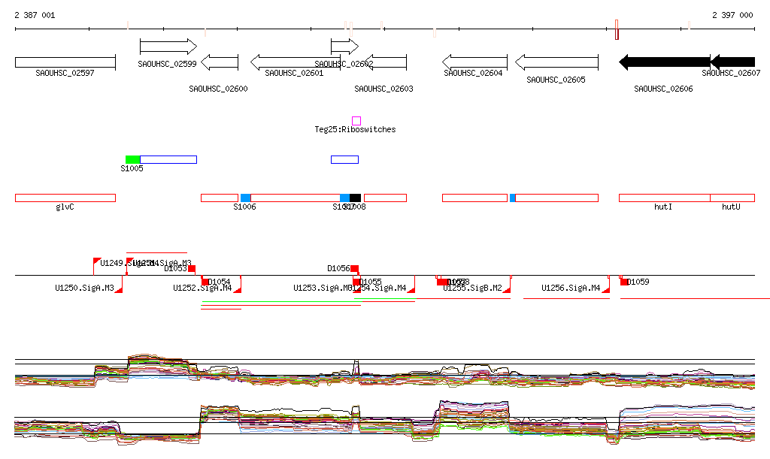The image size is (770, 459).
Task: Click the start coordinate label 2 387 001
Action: [x=35, y=15]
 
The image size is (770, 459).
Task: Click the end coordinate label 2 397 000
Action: [x=732, y=15]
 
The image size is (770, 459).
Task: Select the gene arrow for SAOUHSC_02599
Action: [x=168, y=47]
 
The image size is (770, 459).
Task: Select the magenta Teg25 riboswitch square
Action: [x=356, y=120]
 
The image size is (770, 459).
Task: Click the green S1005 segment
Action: [x=132, y=159]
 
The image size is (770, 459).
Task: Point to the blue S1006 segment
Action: [x=246, y=198]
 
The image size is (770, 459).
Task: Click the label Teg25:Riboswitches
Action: [x=355, y=130]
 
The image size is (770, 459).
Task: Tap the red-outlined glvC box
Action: [x=65, y=198]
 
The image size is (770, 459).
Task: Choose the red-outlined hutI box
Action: [x=664, y=198]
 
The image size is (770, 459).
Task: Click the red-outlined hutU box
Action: [x=732, y=198]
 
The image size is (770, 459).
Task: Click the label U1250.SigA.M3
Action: [x=84, y=288]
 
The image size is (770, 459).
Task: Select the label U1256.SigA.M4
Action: [x=571, y=288]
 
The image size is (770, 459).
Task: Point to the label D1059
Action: [x=638, y=282]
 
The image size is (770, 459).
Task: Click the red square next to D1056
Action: [x=355, y=268]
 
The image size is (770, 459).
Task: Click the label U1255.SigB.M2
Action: [x=472, y=288]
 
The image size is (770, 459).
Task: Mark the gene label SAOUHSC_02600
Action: [x=218, y=89]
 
